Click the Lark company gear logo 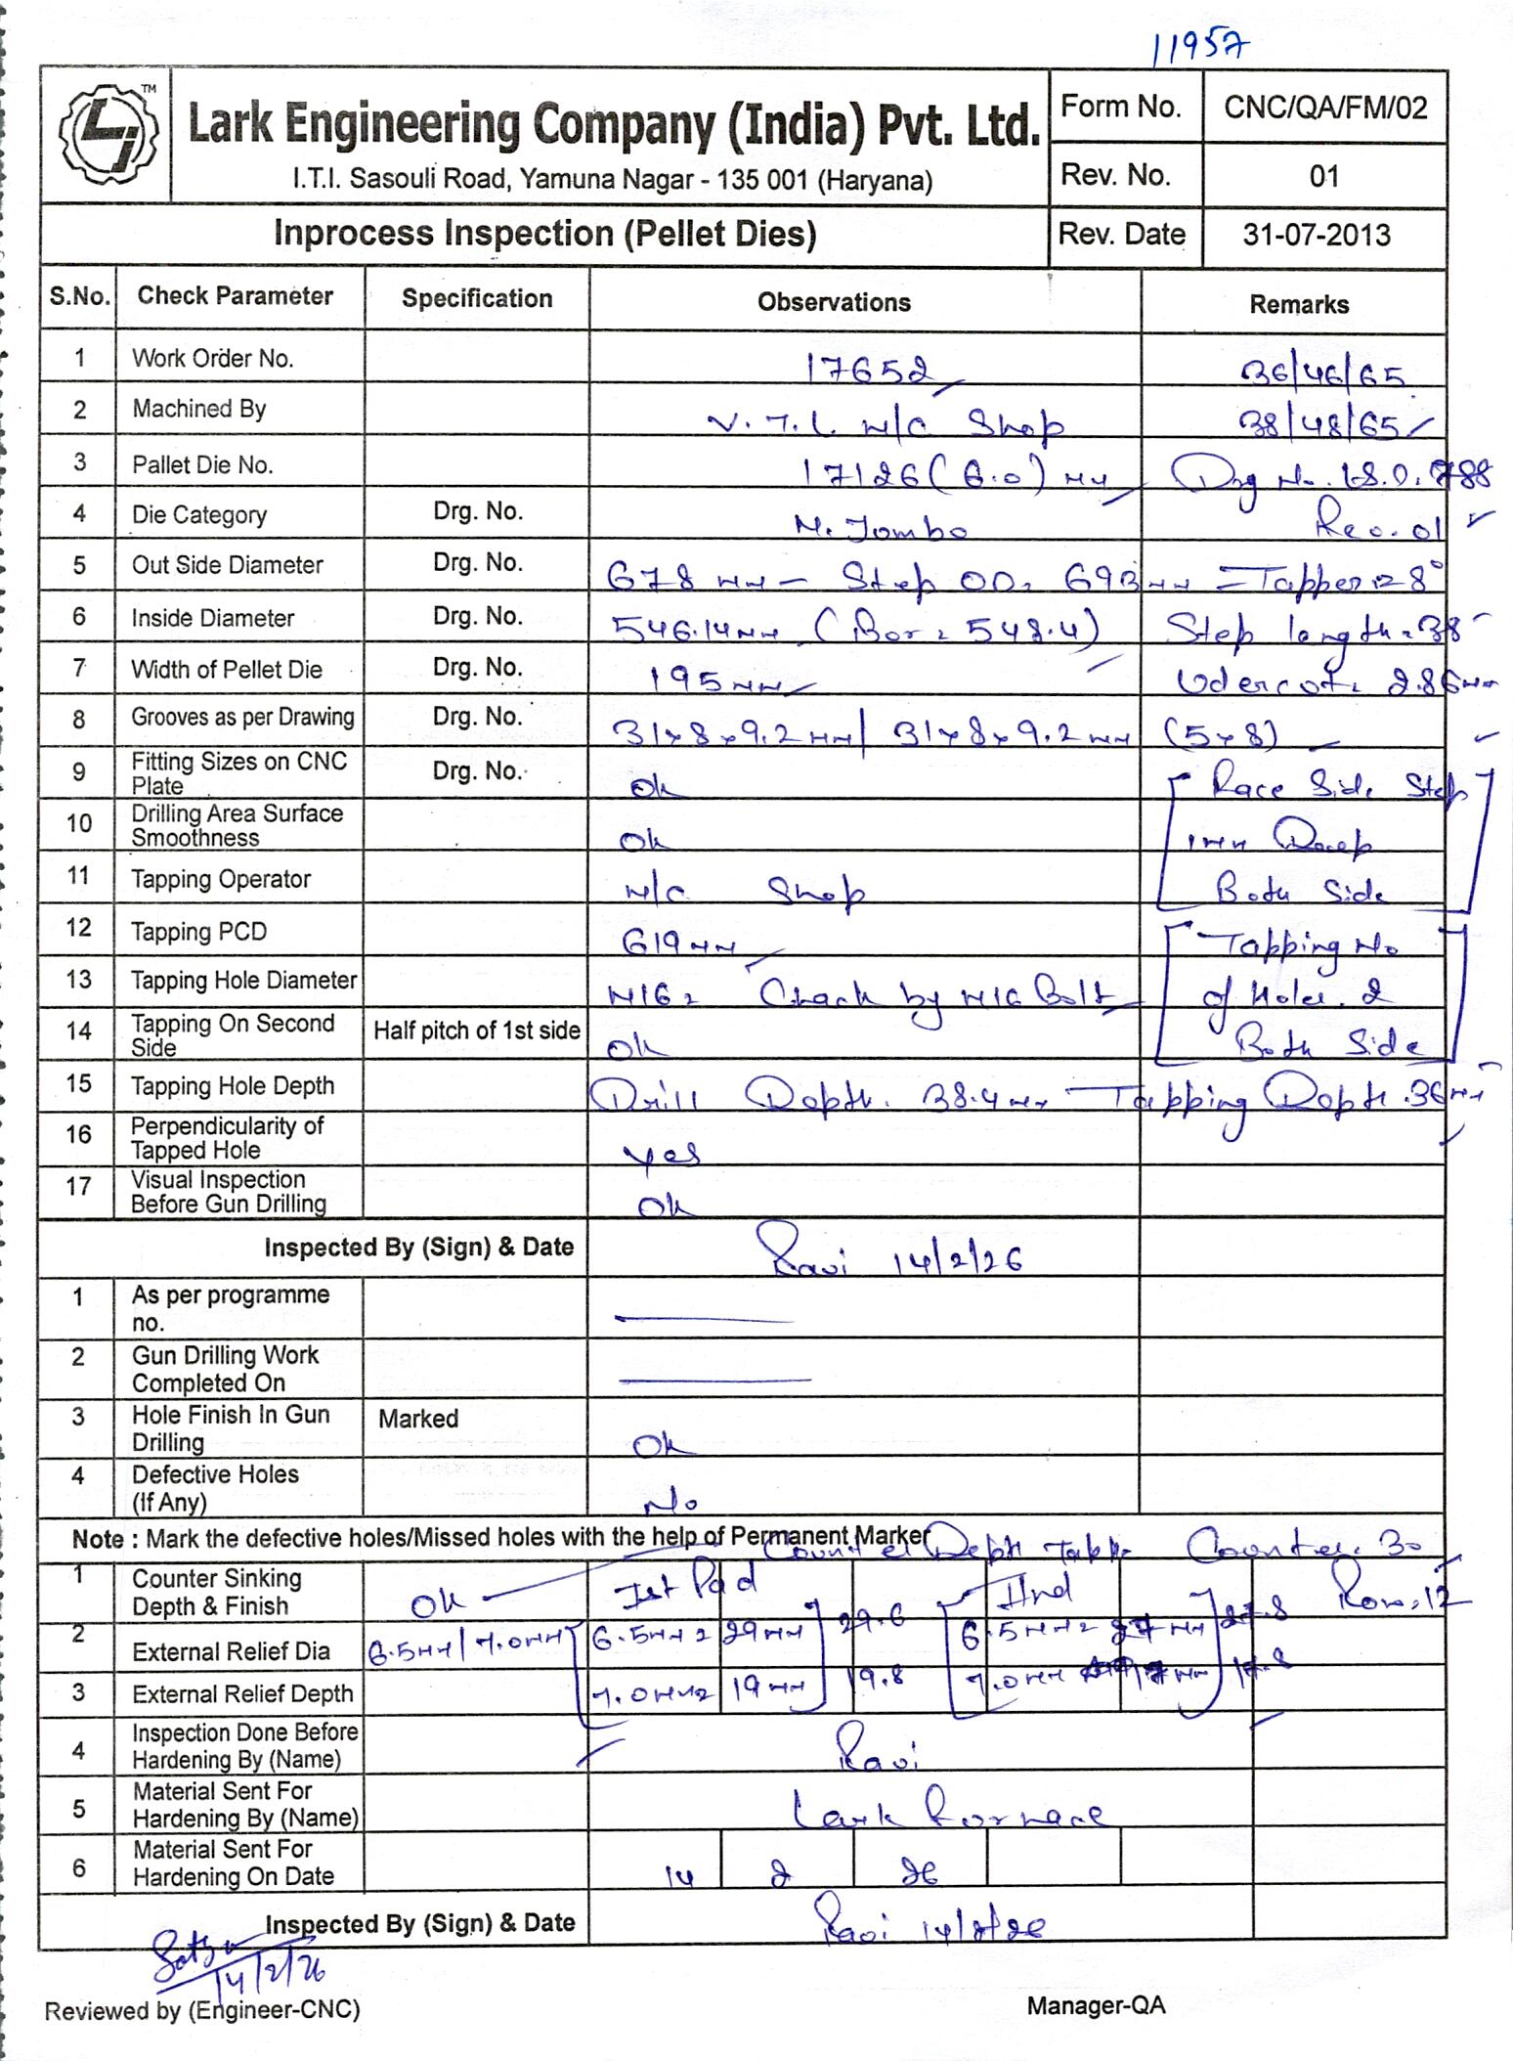(x=108, y=135)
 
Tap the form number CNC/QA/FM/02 (x=1324, y=108)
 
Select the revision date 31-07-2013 (x=1316, y=236)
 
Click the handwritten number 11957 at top (x=1199, y=46)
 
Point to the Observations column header (x=834, y=303)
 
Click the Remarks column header (x=1298, y=305)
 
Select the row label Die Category (x=199, y=515)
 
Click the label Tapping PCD (x=199, y=932)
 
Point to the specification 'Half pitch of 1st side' (x=477, y=1030)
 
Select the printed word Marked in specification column (x=418, y=1419)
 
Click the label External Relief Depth (x=242, y=1694)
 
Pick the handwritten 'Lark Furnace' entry (x=946, y=1815)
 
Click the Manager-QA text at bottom (x=1096, y=2006)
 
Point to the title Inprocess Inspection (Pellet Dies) (x=544, y=235)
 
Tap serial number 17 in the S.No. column (x=78, y=1187)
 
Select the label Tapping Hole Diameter (x=244, y=981)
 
